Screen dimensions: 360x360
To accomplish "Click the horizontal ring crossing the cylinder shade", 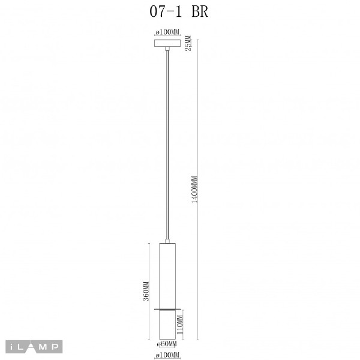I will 167,309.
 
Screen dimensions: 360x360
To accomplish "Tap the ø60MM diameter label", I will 167,344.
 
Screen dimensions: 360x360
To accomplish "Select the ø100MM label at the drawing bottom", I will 167,355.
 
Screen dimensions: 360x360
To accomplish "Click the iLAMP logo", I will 34,347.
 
